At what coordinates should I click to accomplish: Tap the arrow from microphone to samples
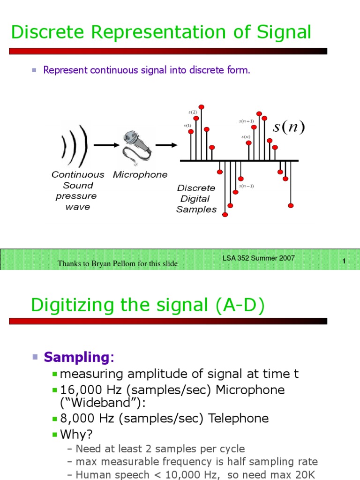tap(165, 145)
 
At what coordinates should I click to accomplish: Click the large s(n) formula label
tap(289, 127)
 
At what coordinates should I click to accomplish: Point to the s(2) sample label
tap(193, 112)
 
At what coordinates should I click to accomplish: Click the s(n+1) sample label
tap(246, 121)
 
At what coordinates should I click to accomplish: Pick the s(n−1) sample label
tap(246, 186)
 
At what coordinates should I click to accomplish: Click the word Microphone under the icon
tap(140, 175)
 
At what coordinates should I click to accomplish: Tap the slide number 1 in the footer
tap(344, 262)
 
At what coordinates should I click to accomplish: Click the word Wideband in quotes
tap(95, 403)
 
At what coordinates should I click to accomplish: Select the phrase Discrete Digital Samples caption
tap(196, 199)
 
